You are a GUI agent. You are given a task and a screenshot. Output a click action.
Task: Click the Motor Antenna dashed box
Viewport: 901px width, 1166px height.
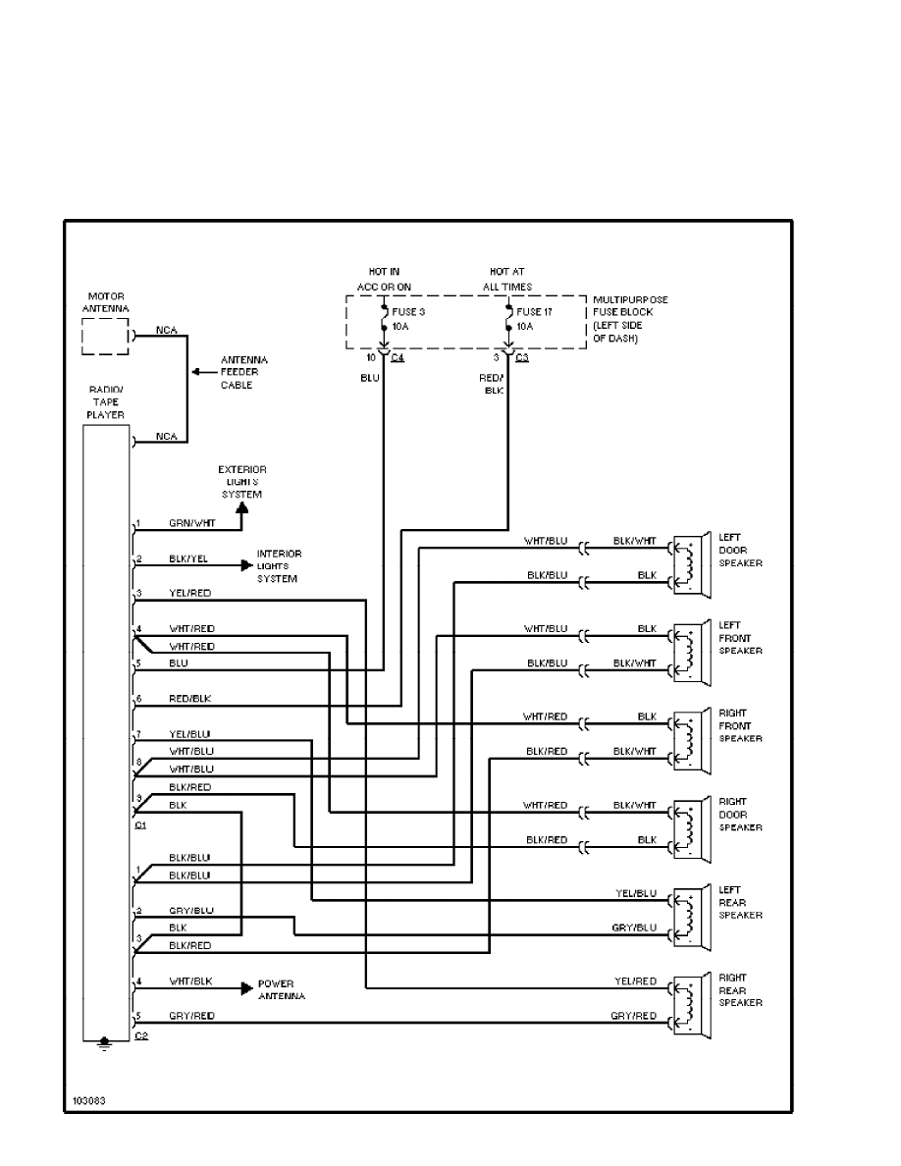104,336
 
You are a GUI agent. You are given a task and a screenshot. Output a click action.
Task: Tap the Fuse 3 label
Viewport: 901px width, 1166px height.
408,312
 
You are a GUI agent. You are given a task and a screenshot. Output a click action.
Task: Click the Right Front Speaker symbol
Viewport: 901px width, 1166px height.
691,739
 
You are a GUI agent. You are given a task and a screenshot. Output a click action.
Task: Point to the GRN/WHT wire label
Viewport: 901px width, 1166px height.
186,524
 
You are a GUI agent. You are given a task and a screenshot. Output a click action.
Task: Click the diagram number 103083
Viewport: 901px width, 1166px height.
87,1100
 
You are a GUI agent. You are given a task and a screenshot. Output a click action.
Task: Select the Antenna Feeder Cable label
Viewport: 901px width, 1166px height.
243,373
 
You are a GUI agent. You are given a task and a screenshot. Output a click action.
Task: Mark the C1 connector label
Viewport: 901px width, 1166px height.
140,824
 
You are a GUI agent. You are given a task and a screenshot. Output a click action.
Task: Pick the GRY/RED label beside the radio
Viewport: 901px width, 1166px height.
191,1016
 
